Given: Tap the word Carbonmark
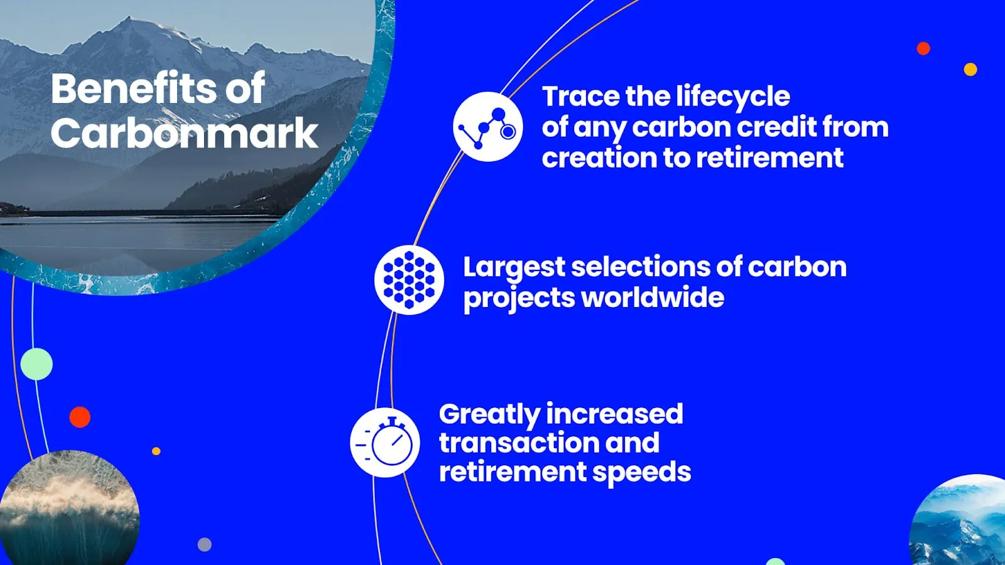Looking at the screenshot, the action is tap(185, 133).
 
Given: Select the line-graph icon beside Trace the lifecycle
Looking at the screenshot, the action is tap(487, 127).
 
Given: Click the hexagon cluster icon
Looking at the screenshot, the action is tap(409, 280).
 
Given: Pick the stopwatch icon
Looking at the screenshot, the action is tap(385, 443).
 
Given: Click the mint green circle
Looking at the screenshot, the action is tap(36, 364).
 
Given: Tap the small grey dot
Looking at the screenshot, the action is tap(205, 544).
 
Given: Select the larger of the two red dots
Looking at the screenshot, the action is tap(80, 417).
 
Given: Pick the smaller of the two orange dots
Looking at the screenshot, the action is tap(156, 451).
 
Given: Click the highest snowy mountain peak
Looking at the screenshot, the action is tap(128, 19).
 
